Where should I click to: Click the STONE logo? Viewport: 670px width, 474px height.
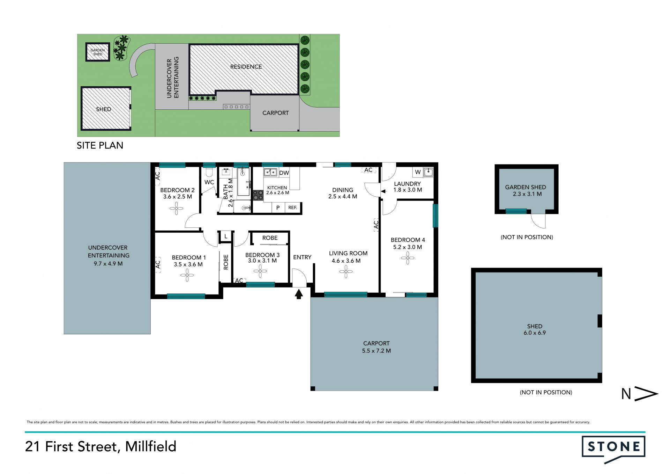click(613, 449)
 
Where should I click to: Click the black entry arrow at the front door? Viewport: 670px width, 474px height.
click(299, 294)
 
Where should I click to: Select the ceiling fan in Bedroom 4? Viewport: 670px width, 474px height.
click(408, 258)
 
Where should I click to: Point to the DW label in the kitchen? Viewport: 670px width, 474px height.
click(284, 173)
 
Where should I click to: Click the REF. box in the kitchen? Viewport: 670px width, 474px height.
click(292, 207)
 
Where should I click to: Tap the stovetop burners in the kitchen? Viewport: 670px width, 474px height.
click(258, 195)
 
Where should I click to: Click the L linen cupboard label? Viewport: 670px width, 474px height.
click(226, 236)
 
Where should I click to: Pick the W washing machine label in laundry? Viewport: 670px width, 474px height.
click(418, 172)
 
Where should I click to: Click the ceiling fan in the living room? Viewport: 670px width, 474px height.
click(346, 272)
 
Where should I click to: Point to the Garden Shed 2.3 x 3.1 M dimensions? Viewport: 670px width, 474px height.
click(527, 194)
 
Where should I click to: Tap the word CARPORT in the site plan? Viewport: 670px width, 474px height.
click(276, 113)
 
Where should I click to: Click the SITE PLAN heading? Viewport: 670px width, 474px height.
click(100, 145)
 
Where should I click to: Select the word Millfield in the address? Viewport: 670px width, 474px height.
click(151, 446)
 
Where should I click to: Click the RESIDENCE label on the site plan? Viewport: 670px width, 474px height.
click(246, 67)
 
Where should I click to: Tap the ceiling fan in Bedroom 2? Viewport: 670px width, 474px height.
click(177, 209)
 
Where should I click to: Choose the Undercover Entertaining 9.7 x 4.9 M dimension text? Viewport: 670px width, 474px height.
click(108, 264)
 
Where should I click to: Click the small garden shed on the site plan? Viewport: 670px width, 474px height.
click(98, 52)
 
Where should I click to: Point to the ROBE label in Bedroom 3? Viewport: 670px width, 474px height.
click(270, 238)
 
